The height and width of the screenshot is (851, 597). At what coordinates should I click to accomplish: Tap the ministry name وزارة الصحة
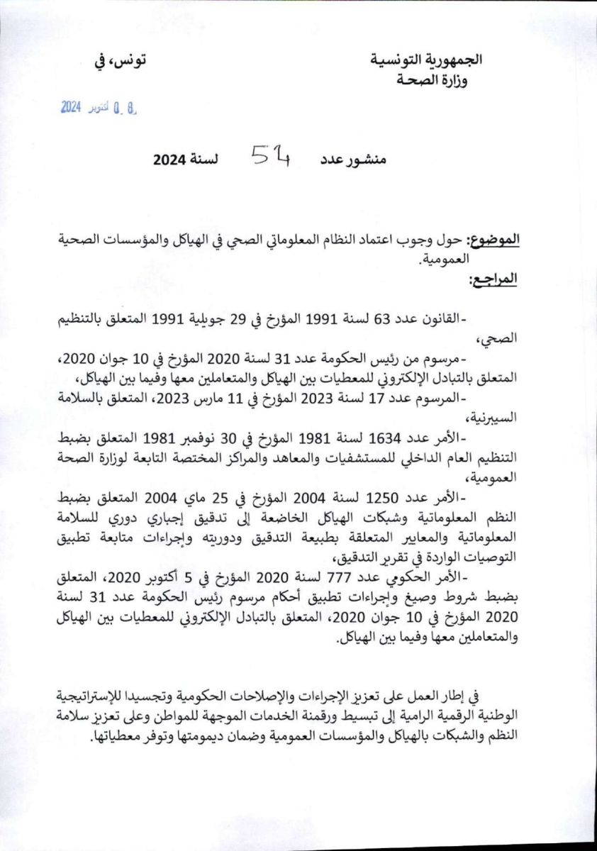tap(435, 80)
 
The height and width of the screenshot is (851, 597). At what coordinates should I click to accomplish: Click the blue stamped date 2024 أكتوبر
tap(100, 108)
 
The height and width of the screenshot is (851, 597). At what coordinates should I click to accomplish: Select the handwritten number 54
tap(269, 157)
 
